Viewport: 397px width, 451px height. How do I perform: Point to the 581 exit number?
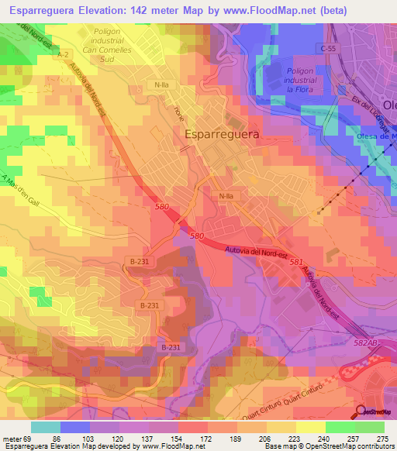[x=295, y=262]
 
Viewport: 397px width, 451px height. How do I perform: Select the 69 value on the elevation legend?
[x=31, y=439]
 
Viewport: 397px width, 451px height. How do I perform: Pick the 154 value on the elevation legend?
[x=178, y=439]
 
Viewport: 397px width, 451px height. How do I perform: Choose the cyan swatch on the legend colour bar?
[x=46, y=427]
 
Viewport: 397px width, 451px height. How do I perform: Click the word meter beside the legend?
[x=12, y=439]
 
